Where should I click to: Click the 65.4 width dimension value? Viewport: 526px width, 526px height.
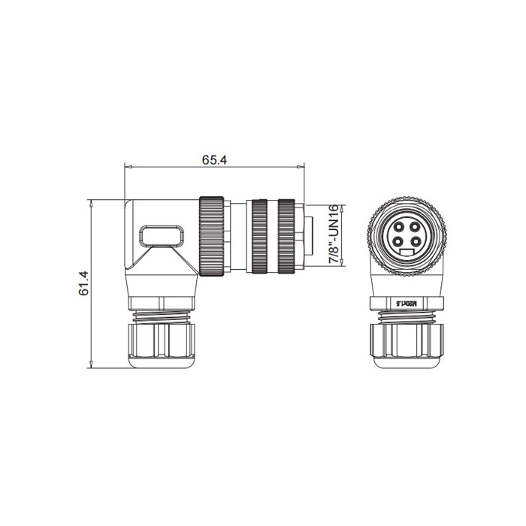[213, 160]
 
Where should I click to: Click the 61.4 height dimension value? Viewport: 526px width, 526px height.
[84, 284]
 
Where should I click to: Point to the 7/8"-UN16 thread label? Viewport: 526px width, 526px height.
[333, 233]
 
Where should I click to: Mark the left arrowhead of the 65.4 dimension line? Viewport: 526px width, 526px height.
[127, 166]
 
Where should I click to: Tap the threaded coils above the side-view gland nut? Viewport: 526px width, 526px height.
[164, 316]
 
